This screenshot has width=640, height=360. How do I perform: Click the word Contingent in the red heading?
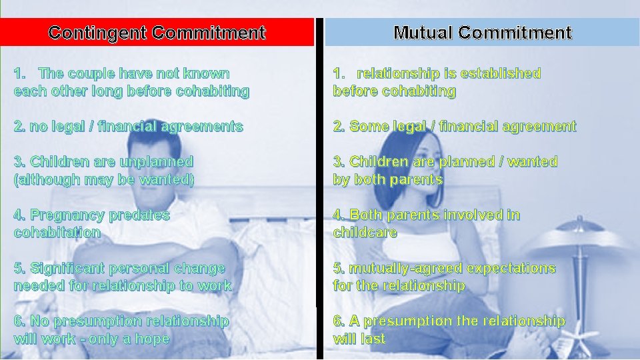[97, 33]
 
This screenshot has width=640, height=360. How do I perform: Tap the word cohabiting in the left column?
[212, 91]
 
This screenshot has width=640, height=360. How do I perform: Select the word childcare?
[365, 233]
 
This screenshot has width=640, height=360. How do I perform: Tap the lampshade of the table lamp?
[579, 236]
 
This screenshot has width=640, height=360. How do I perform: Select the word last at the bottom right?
[373, 339]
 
